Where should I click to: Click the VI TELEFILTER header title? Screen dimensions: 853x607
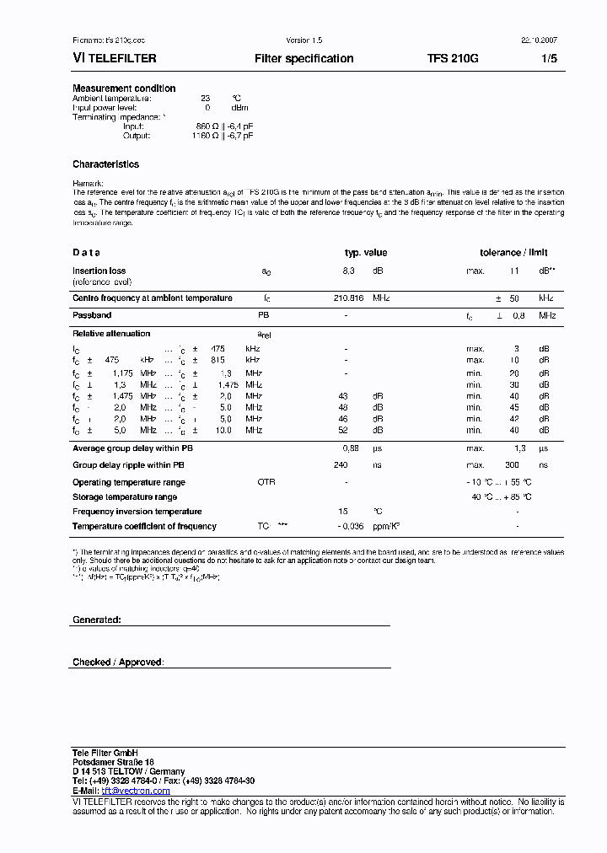pyautogui.click(x=114, y=59)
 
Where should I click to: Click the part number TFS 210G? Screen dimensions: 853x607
pyautogui.click(x=453, y=59)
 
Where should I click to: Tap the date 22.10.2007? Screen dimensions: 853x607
pyautogui.click(x=539, y=40)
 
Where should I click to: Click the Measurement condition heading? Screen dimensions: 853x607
pyautogui.click(x=124, y=89)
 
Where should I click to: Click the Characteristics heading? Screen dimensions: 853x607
pyautogui.click(x=105, y=164)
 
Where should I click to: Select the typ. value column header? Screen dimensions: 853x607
pyautogui.click(x=366, y=253)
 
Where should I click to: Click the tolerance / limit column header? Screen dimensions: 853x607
pyautogui.click(x=513, y=253)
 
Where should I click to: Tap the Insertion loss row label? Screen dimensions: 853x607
pyautogui.click(x=99, y=271)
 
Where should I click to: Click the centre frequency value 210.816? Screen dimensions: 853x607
pyautogui.click(x=348, y=298)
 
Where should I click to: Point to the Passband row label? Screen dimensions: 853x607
pyautogui.click(x=92, y=315)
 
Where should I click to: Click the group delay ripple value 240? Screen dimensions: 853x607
pyautogui.click(x=341, y=465)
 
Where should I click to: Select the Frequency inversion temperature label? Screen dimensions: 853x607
pyautogui.click(x=137, y=512)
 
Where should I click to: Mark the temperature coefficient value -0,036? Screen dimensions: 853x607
pyautogui.click(x=351, y=527)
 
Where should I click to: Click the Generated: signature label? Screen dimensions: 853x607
pyautogui.click(x=97, y=620)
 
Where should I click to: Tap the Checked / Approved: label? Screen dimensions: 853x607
pyautogui.click(x=118, y=663)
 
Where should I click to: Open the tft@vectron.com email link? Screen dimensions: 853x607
pyautogui.click(x=135, y=791)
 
